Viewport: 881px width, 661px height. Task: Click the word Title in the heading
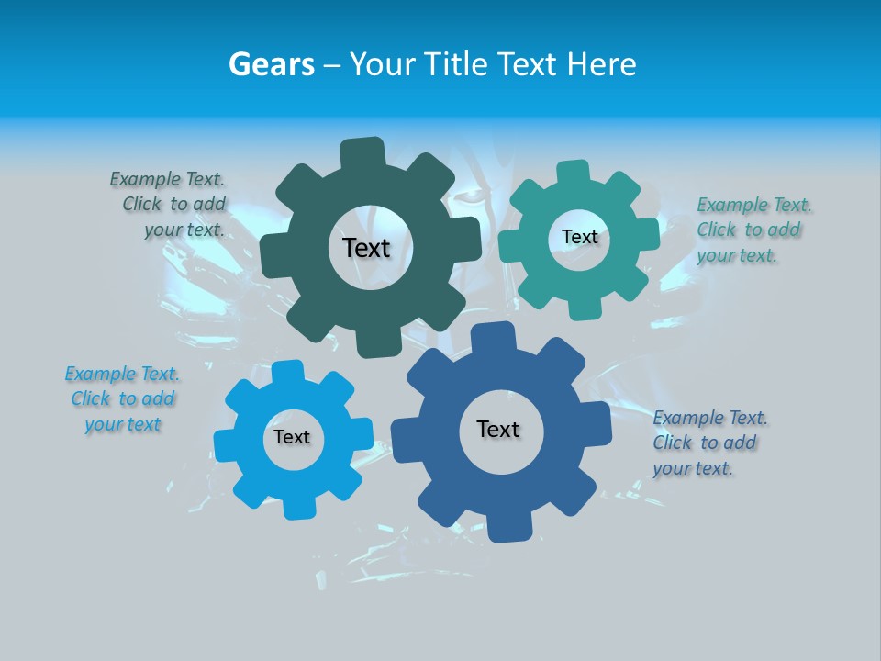[457, 64]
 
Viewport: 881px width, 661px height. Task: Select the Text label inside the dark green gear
[366, 248]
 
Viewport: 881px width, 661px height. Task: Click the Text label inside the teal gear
[579, 237]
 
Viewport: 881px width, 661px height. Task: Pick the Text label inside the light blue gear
[292, 438]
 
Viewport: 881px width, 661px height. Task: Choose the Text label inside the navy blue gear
[498, 430]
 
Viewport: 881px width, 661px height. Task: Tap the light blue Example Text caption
[123, 398]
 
